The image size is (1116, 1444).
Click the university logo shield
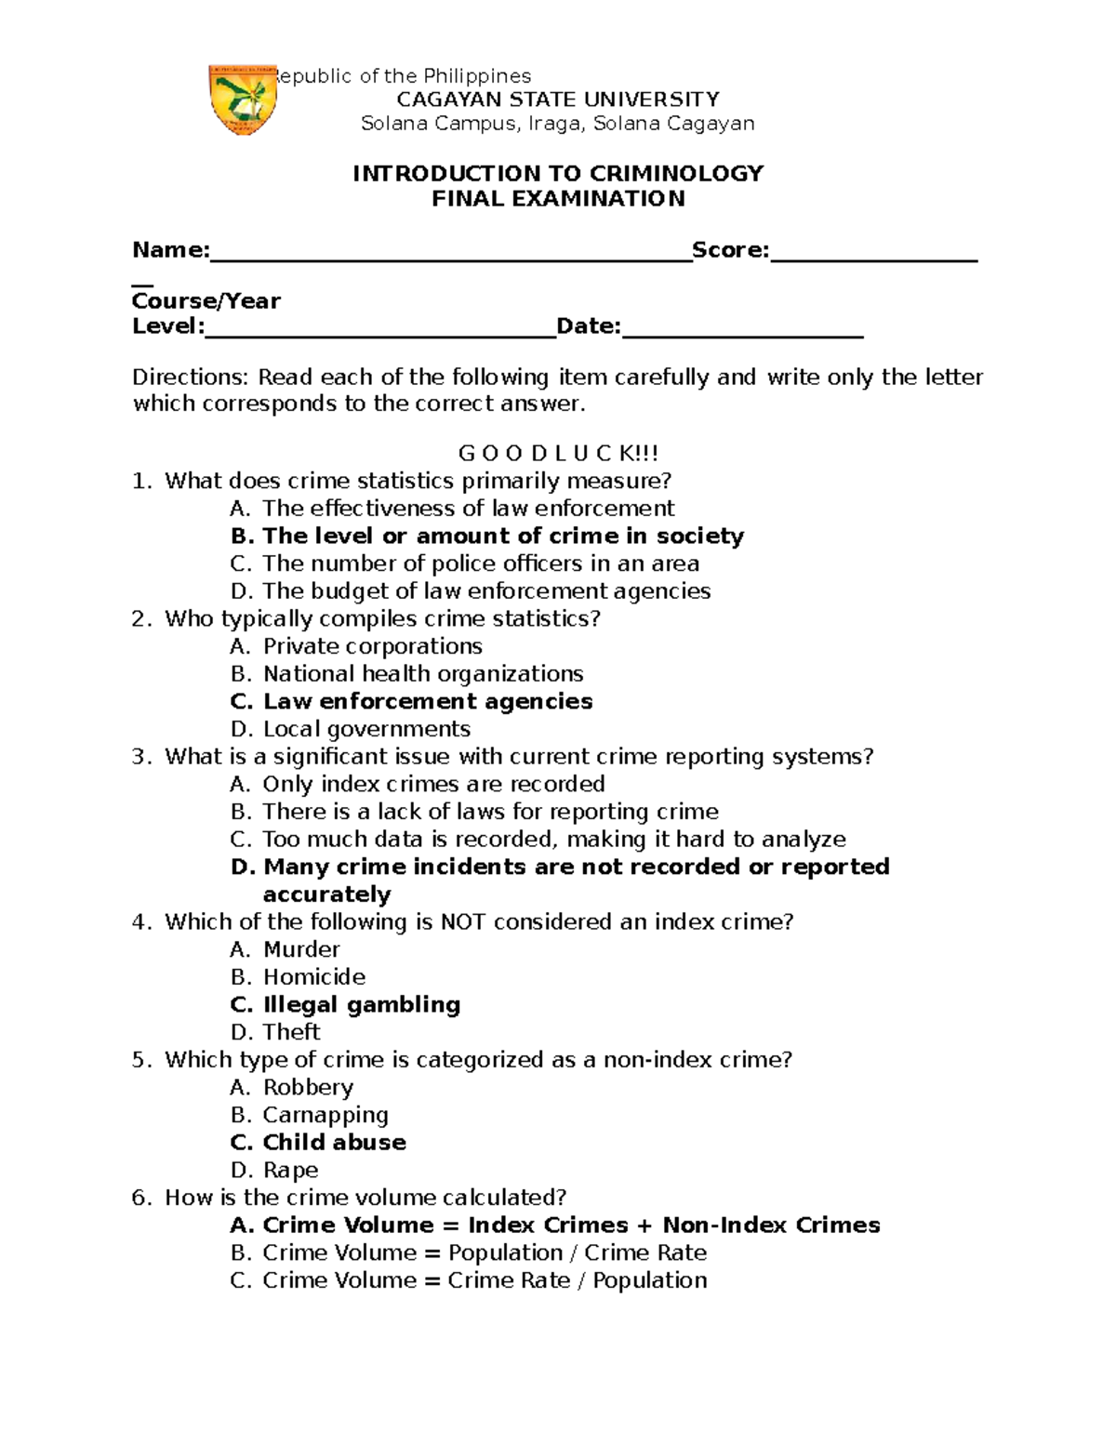[x=243, y=99]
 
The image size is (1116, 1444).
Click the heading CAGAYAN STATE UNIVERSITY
[x=558, y=99]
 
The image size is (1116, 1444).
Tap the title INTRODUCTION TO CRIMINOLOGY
[x=558, y=174]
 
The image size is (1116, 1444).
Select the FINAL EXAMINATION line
[x=558, y=198]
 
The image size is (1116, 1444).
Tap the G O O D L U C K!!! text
[x=558, y=454]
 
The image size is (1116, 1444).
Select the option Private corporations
[x=372, y=646]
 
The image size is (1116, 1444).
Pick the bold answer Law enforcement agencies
[x=427, y=702]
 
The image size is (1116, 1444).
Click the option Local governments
[x=366, y=729]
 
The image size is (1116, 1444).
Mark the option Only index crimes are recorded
[x=433, y=784]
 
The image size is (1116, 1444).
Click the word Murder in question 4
[x=301, y=949]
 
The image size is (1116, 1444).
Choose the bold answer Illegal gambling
[x=361, y=1005]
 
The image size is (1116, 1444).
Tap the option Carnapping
[x=325, y=1115]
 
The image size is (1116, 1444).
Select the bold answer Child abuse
[x=334, y=1143]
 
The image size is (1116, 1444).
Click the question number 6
[x=140, y=1198]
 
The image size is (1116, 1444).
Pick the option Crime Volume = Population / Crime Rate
[x=484, y=1252]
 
